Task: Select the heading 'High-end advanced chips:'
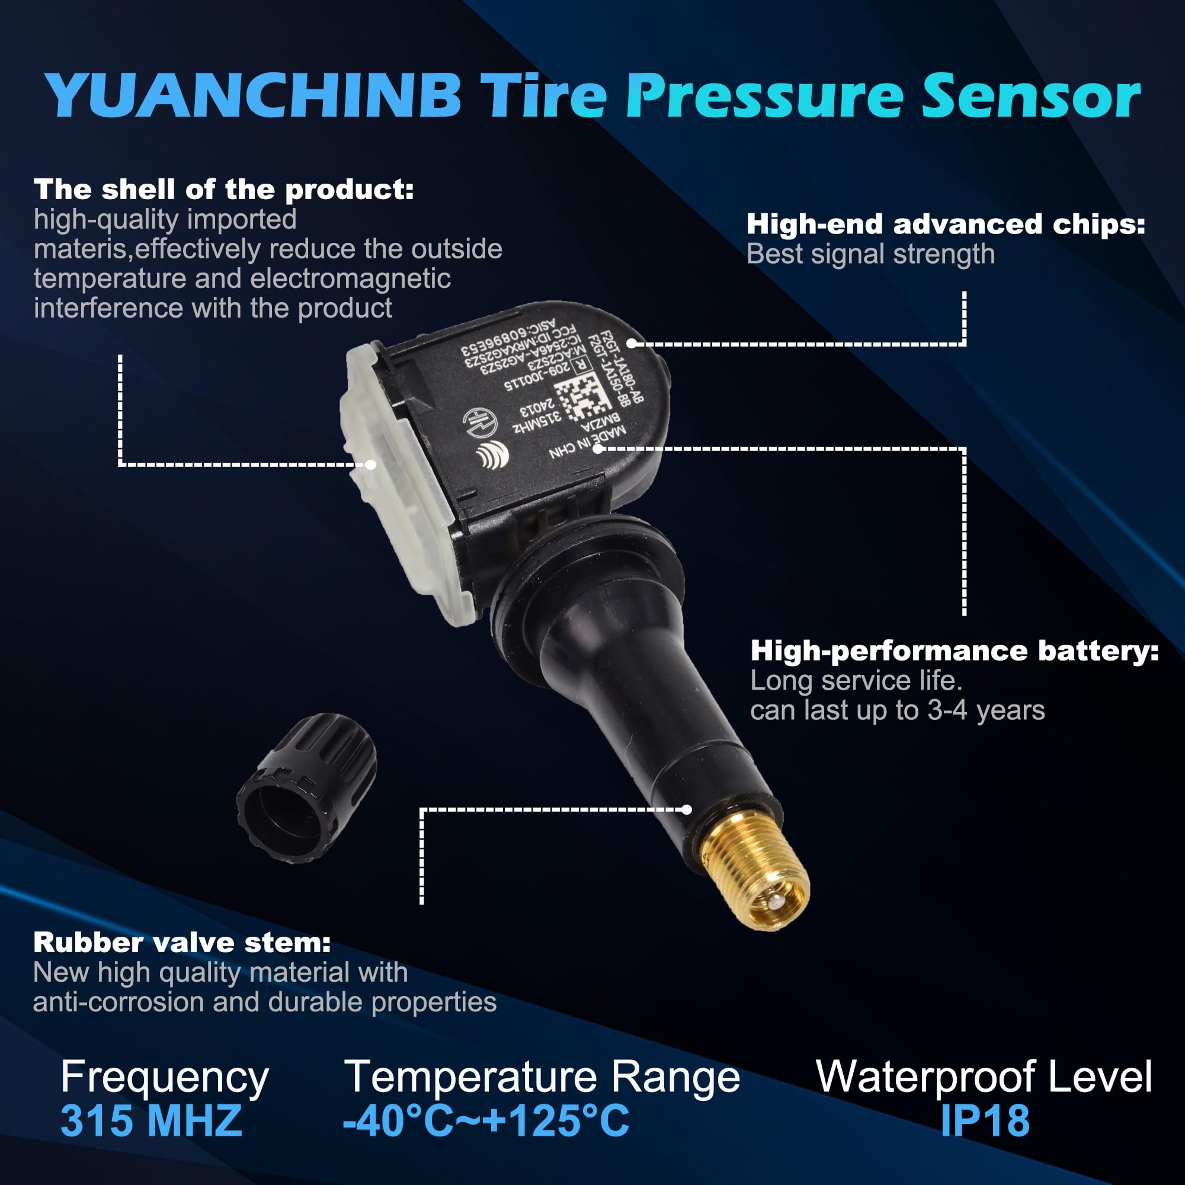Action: [945, 225]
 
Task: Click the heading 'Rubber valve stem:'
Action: [181, 943]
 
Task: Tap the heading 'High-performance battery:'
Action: [955, 651]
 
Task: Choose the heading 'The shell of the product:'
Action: [223, 190]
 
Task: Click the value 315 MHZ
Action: [151, 1120]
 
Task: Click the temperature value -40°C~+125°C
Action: [486, 1120]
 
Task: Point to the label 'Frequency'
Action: [164, 1078]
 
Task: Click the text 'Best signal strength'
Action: [870, 254]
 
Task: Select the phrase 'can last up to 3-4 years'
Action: [896, 710]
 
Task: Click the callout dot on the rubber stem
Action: [687, 809]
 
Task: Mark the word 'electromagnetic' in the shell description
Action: [350, 278]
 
